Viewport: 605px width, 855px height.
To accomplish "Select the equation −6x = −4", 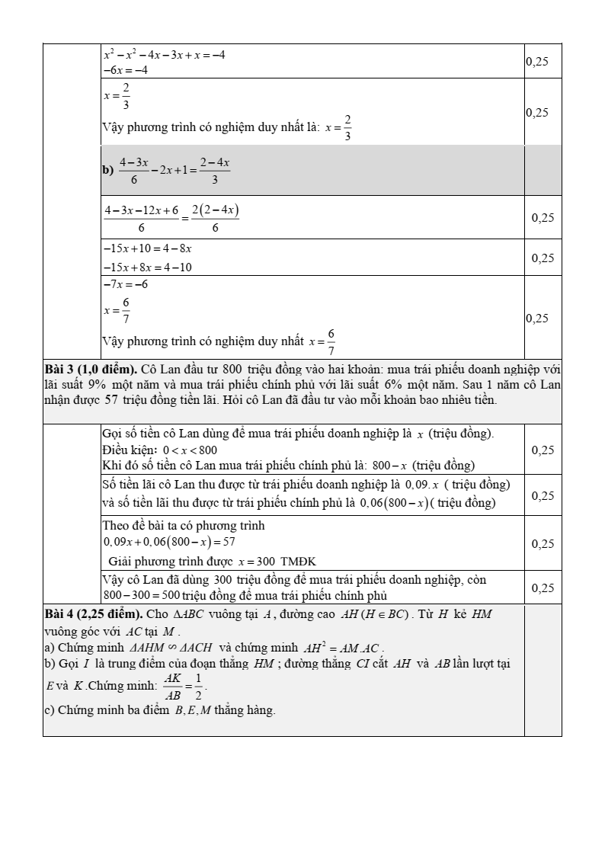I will (x=126, y=69).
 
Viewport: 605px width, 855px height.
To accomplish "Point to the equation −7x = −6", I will (x=126, y=284).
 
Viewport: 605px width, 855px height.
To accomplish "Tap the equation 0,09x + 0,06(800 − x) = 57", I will (x=169, y=543).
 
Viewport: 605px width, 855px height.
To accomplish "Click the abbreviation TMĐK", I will (x=299, y=562).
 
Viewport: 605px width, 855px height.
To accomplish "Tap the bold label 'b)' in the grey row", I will (x=107, y=171).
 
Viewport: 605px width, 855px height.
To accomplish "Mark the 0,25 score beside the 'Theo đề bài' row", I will (x=543, y=543).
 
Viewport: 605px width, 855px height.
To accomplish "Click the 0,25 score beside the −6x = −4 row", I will (x=537, y=62).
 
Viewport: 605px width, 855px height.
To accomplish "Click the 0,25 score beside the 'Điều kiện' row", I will (x=543, y=450).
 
